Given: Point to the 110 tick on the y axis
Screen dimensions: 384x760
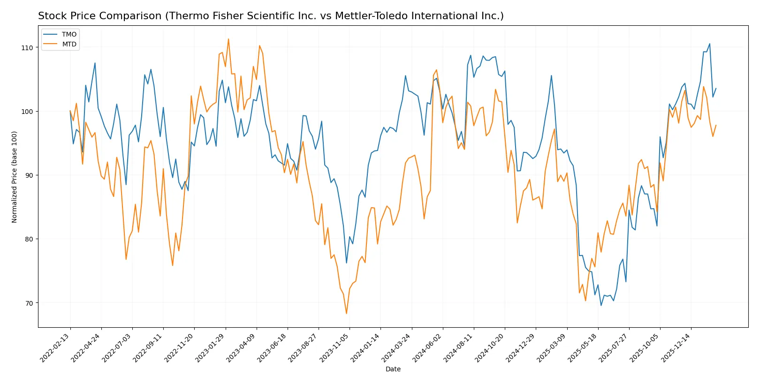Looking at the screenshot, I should [27, 48].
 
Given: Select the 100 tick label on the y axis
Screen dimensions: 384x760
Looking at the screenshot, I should [27, 112].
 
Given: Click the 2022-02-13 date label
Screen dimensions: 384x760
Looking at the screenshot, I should [55, 347].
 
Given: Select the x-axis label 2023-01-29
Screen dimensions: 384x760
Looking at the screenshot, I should [211, 347].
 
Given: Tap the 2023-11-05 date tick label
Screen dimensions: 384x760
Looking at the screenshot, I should [334, 347].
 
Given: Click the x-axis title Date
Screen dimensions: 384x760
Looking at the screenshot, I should [393, 369].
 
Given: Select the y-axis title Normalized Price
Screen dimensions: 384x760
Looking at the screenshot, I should [15, 177].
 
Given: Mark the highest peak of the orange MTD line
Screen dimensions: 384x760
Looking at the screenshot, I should [228, 39].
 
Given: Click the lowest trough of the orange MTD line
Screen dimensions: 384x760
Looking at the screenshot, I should [347, 313].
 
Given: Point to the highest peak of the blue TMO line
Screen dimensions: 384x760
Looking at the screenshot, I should [709, 44].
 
